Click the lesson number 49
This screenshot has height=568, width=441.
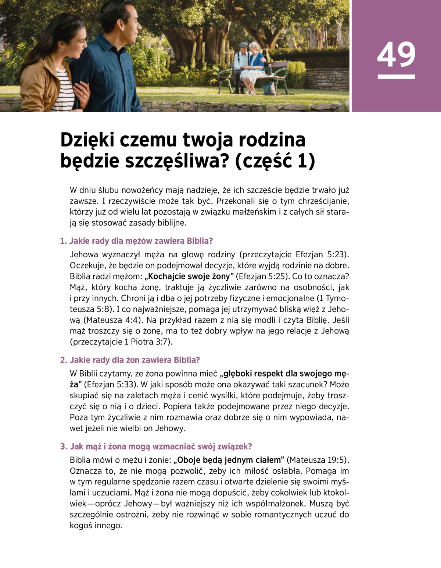(x=396, y=54)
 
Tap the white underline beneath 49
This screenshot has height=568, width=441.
(x=396, y=77)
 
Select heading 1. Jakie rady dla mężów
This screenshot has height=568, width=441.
(x=136, y=241)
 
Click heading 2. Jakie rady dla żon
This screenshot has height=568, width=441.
(x=130, y=360)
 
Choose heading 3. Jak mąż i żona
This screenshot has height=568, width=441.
(x=156, y=447)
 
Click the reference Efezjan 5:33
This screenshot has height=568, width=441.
(x=110, y=385)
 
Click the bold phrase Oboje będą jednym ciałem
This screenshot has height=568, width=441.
(x=229, y=460)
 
